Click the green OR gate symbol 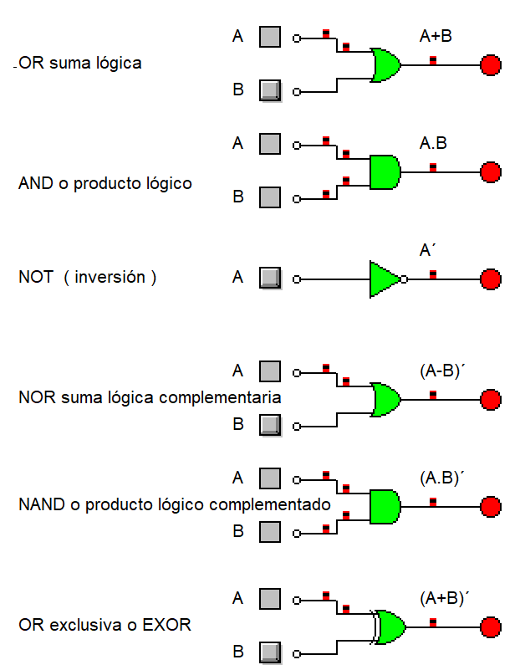tap(385, 65)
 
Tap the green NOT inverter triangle tap(384, 279)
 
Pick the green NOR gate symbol tap(385, 400)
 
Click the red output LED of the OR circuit tap(491, 65)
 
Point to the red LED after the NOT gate tap(491, 279)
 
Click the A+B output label tap(436, 36)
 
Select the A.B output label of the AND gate tap(433, 143)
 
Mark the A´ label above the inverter tap(429, 250)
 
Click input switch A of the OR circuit tap(269, 37)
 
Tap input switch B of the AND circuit tap(269, 197)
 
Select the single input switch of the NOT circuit tap(269, 278)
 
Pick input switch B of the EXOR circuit tap(269, 652)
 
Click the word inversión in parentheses tap(110, 277)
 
